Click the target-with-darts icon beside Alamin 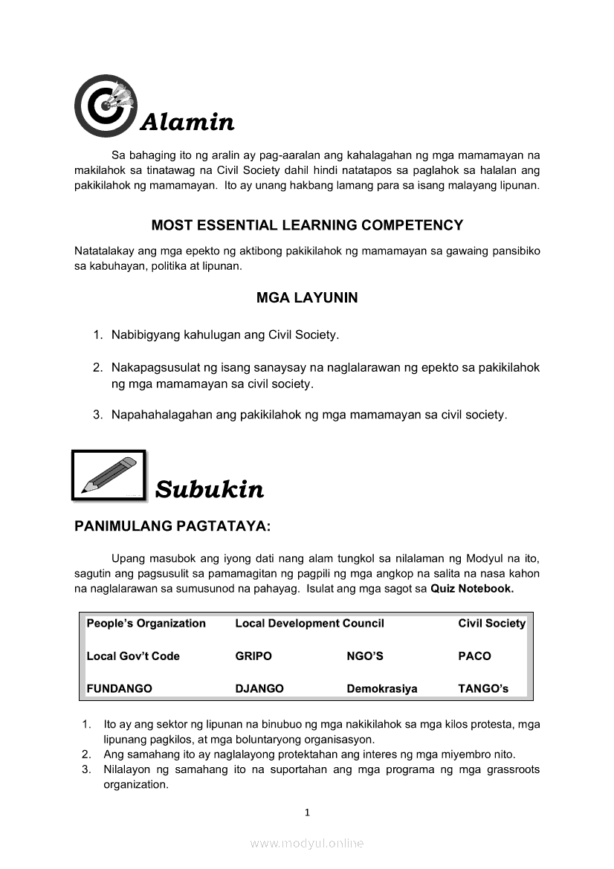click(x=106, y=106)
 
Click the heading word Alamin click(x=187, y=121)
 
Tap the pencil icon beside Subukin click(x=109, y=475)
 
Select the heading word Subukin click(x=210, y=490)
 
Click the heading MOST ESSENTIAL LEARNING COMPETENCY click(x=307, y=225)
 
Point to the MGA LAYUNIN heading click(x=307, y=298)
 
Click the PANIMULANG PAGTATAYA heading click(x=172, y=527)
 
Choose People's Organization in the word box click(x=146, y=624)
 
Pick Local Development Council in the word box click(x=309, y=624)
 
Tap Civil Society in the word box click(x=491, y=624)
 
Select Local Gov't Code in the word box click(x=133, y=656)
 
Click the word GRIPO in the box click(x=253, y=656)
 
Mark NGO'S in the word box click(x=365, y=656)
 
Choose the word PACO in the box click(x=474, y=656)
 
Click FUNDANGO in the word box click(x=119, y=689)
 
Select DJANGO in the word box click(x=259, y=689)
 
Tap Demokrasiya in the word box click(x=382, y=689)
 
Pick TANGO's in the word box click(x=483, y=689)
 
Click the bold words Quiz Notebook click(x=472, y=589)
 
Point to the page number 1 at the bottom click(x=307, y=813)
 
